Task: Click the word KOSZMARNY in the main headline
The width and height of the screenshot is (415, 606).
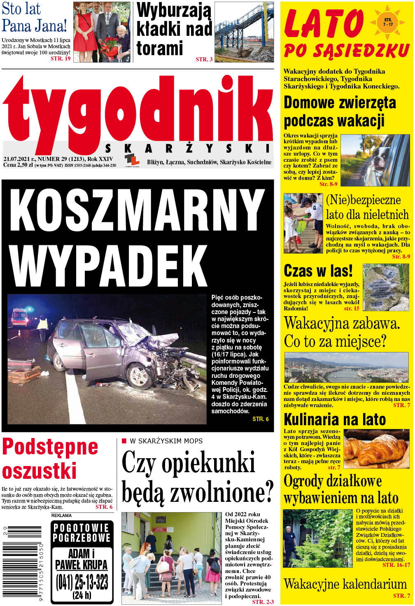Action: click(x=137, y=212)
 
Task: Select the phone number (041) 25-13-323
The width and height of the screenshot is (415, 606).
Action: click(x=82, y=582)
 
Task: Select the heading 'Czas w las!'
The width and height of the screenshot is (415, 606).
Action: click(x=318, y=271)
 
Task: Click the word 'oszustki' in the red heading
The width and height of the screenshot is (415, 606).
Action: click(x=40, y=471)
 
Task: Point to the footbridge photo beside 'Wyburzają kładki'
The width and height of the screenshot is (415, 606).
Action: click(x=244, y=32)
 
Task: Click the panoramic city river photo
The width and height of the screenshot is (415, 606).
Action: click(x=346, y=368)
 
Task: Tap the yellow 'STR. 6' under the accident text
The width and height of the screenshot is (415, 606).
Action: click(x=260, y=419)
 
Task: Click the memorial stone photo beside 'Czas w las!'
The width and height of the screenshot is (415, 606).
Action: click(x=386, y=287)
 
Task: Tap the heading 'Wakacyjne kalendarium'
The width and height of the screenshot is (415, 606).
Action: click(x=345, y=584)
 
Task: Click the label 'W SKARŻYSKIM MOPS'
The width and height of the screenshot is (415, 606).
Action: click(x=166, y=441)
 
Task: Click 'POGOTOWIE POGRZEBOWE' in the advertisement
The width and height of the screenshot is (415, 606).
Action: click(x=82, y=533)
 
